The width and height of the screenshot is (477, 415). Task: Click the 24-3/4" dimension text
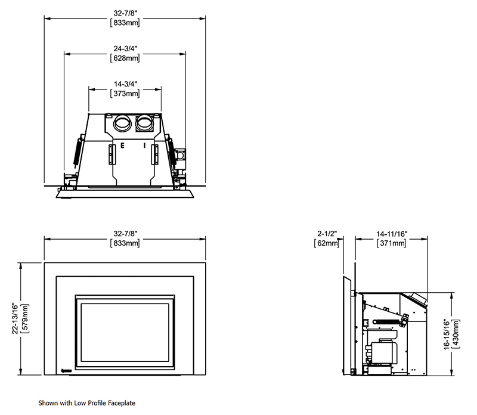[125, 48]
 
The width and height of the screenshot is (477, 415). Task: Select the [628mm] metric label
[125, 58]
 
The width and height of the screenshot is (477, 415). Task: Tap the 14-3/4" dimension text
[125, 84]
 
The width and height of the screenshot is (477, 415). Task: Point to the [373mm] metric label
[125, 94]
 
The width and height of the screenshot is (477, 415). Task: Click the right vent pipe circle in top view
[144, 125]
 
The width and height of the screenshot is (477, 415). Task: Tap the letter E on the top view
[123, 145]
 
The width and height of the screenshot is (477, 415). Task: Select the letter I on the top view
[144, 145]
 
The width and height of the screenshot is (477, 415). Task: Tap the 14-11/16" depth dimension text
[392, 234]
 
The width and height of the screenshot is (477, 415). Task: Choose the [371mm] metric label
[392, 243]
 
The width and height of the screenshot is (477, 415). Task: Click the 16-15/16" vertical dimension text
[448, 333]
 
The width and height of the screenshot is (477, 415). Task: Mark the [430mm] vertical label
[457, 333]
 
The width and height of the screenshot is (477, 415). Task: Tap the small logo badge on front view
[67, 369]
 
